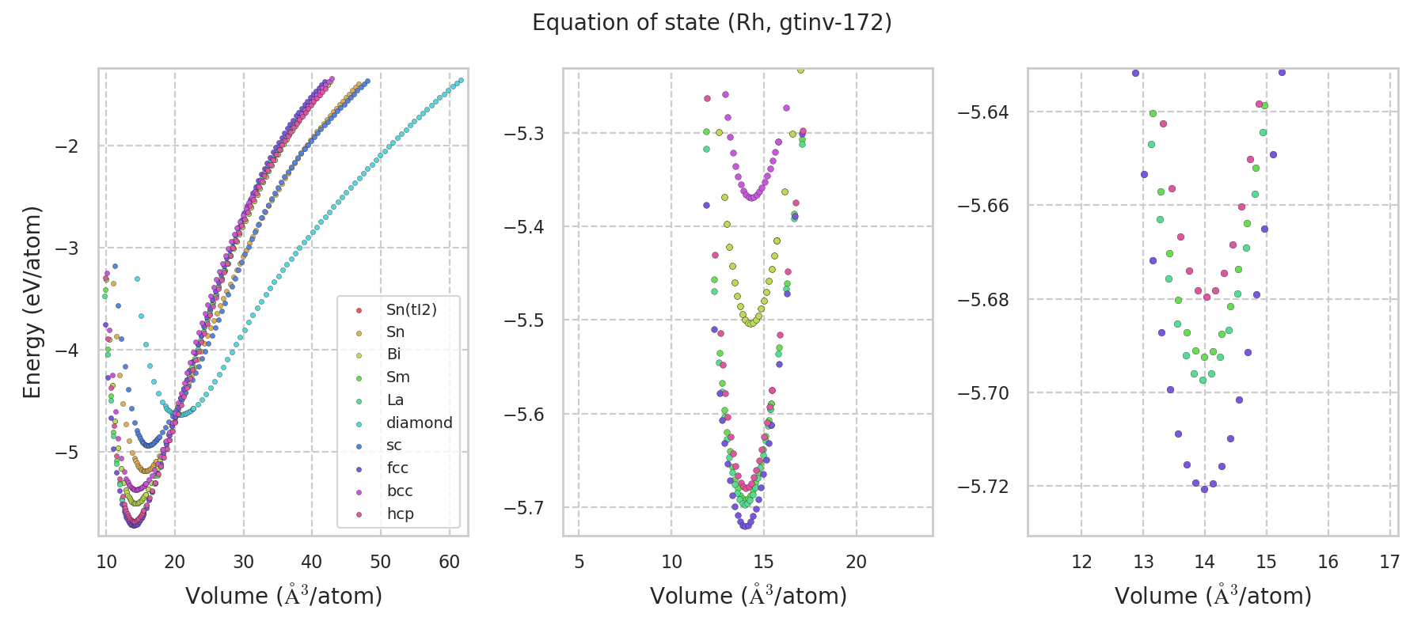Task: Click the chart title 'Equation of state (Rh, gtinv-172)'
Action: (712, 23)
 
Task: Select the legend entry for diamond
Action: (419, 423)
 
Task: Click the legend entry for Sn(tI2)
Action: (411, 309)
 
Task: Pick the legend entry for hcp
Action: (400, 514)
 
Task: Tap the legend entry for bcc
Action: (400, 491)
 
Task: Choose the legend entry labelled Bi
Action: (393, 354)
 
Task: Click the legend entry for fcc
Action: (397, 468)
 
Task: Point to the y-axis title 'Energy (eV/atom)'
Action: (32, 302)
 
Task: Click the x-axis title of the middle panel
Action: (748, 596)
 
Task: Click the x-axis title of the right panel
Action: (1213, 596)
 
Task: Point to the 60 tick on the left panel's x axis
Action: (450, 562)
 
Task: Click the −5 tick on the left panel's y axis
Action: (66, 453)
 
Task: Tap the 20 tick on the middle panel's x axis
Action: (856, 562)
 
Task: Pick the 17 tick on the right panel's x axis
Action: (1389, 562)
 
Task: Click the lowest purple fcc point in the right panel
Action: (1204, 489)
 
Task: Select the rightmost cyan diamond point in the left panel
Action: (461, 80)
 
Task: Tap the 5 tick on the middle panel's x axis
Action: (579, 562)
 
